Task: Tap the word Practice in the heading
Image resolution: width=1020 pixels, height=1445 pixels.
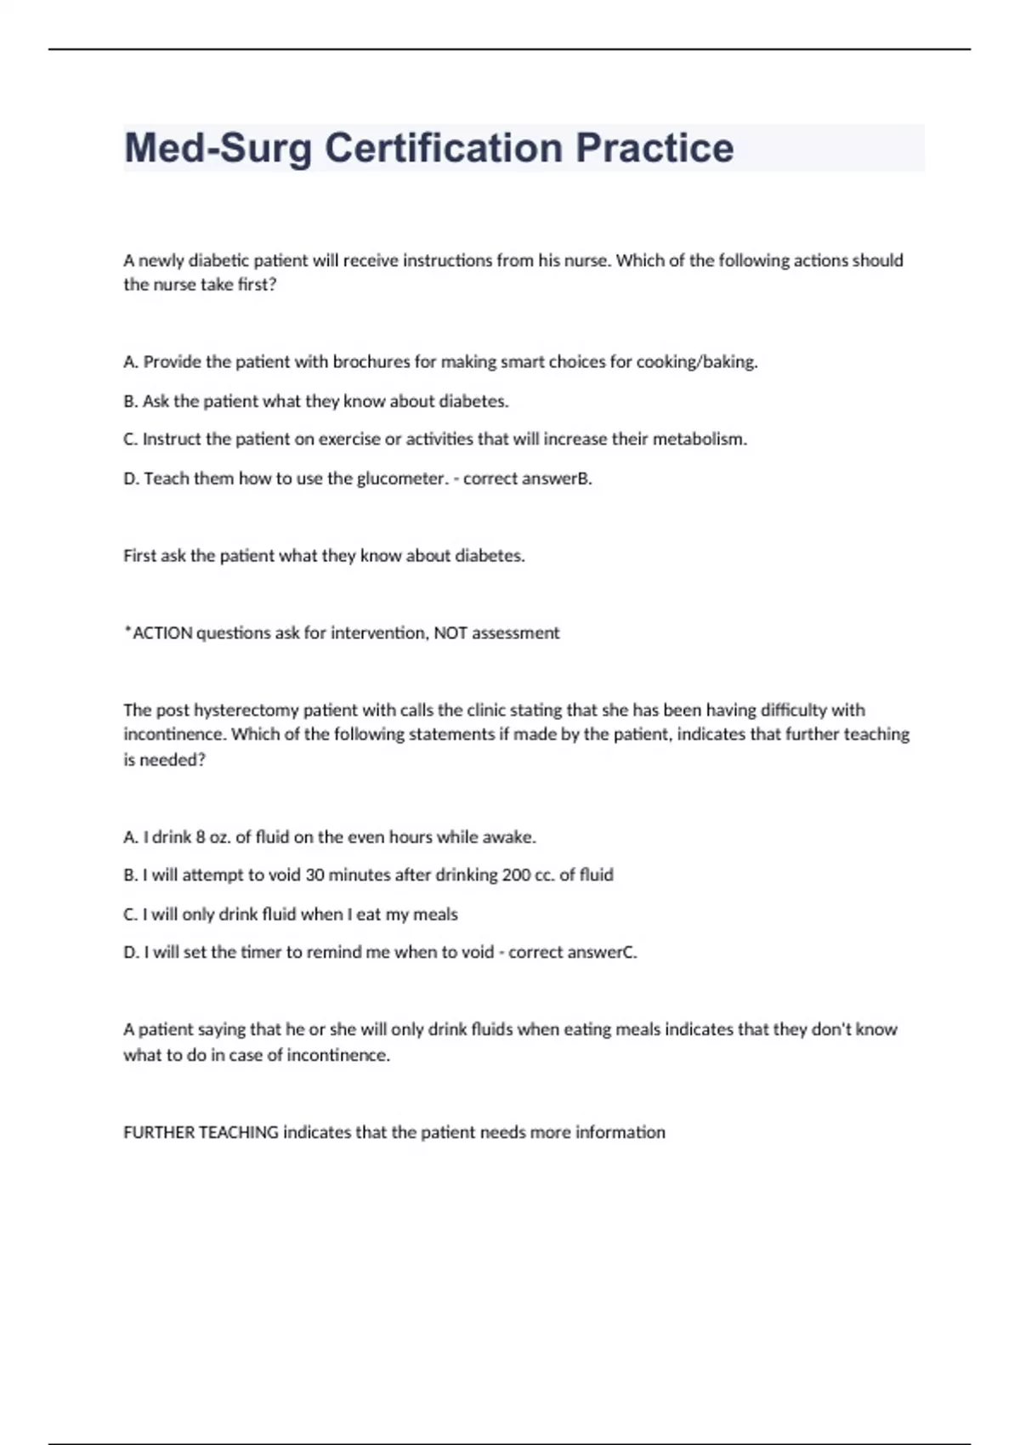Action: [654, 148]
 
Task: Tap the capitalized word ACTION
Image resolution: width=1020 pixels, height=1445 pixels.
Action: [162, 633]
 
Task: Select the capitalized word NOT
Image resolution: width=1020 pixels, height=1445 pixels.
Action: [450, 633]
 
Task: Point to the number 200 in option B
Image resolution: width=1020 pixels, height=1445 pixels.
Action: [516, 875]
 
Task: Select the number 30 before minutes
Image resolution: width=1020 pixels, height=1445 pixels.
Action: [314, 875]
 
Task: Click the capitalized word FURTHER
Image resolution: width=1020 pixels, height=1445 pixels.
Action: [158, 1133]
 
